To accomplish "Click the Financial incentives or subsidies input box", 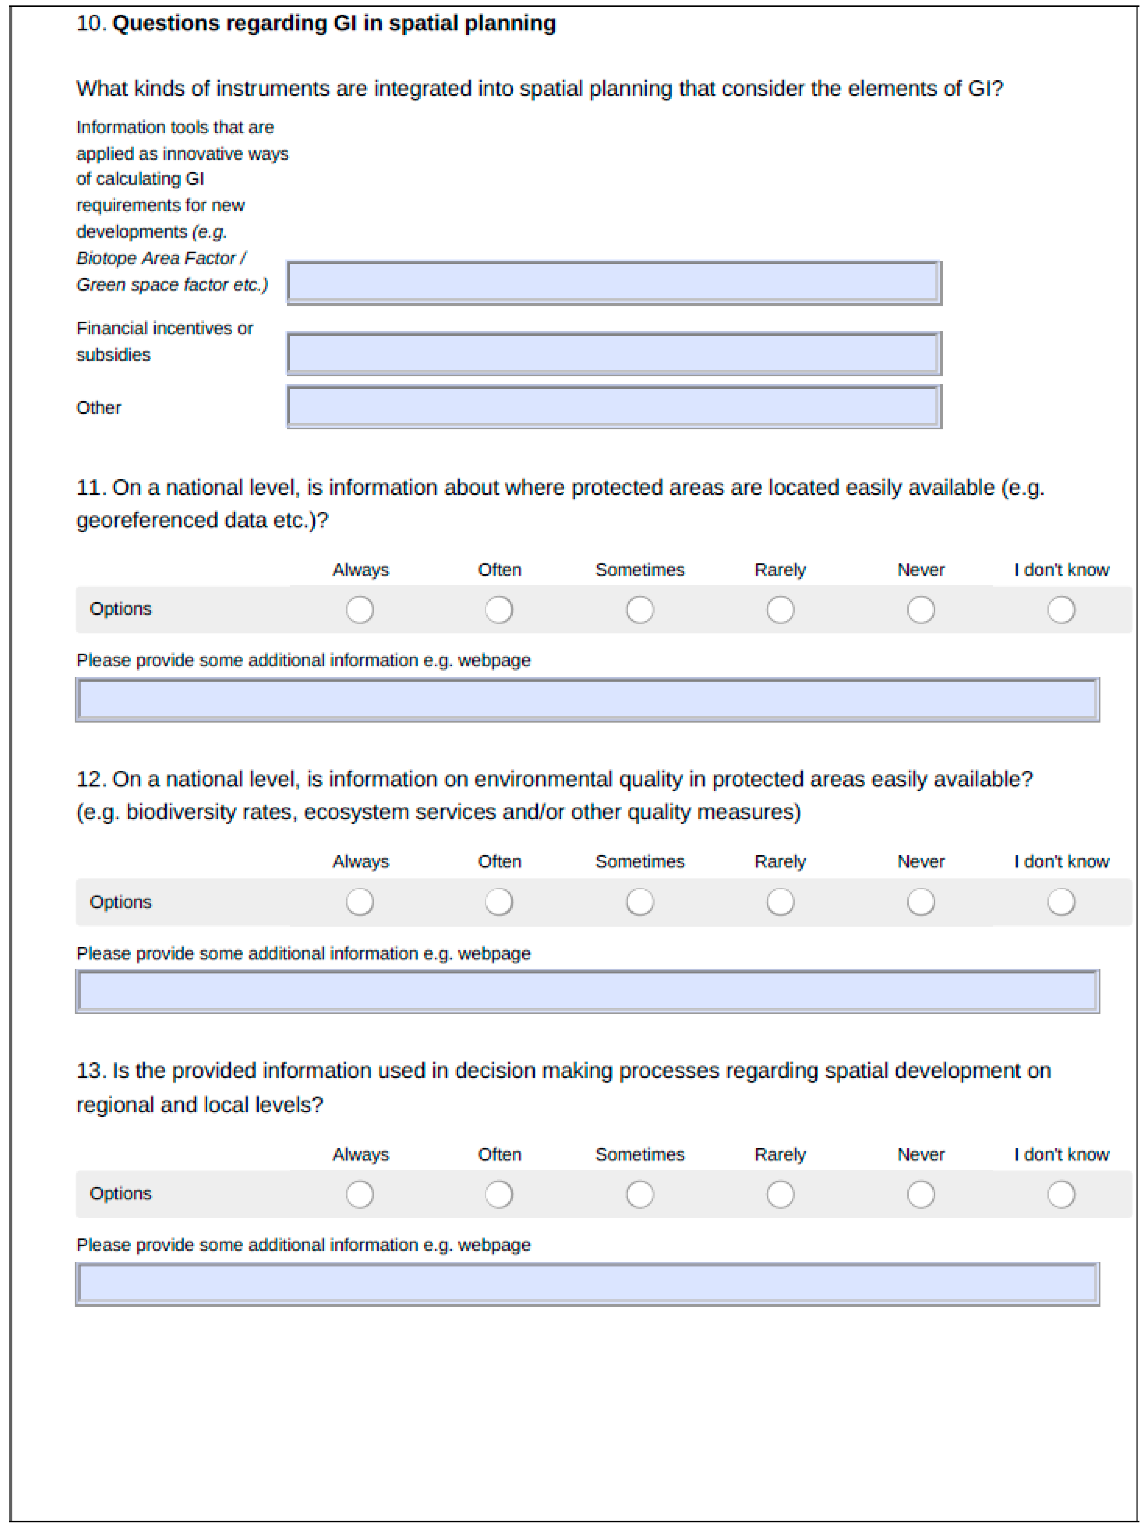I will point(614,353).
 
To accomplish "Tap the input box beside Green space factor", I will point(614,282).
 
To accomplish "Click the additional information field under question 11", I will point(587,700).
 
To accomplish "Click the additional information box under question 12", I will point(587,991).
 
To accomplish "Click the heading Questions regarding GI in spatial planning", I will point(333,24).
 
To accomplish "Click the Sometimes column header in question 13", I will point(639,1154).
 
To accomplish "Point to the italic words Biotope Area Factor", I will point(155,258).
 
